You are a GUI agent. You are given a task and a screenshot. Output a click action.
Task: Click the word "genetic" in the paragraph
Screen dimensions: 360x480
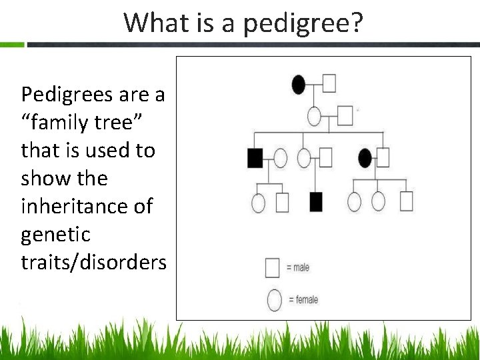[x=55, y=235]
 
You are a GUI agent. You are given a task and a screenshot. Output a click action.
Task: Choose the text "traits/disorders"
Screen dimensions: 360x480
[x=93, y=263]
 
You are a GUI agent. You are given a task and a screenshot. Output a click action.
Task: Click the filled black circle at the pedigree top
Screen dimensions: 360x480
[x=299, y=84]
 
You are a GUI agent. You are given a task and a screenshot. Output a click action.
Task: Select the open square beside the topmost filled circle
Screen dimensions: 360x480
[x=329, y=83]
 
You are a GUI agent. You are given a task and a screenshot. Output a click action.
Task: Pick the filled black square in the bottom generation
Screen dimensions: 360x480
[x=316, y=201]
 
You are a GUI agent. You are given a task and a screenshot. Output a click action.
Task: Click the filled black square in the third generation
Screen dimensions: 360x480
[x=255, y=158]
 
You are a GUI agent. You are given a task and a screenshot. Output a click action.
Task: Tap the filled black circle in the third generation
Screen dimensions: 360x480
[x=365, y=158]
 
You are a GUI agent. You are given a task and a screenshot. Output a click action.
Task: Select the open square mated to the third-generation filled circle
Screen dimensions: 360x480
[x=383, y=157]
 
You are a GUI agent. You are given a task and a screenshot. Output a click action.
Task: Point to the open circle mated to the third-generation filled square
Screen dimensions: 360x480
[x=281, y=158]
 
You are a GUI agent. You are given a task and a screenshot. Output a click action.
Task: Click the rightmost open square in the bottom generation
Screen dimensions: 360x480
[x=406, y=201]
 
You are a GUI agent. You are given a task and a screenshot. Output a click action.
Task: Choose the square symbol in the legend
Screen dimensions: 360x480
[x=272, y=267]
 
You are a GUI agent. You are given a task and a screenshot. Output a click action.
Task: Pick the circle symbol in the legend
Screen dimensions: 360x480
[x=274, y=300]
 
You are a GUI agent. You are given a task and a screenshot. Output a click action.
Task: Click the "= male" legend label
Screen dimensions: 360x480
[x=298, y=267]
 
